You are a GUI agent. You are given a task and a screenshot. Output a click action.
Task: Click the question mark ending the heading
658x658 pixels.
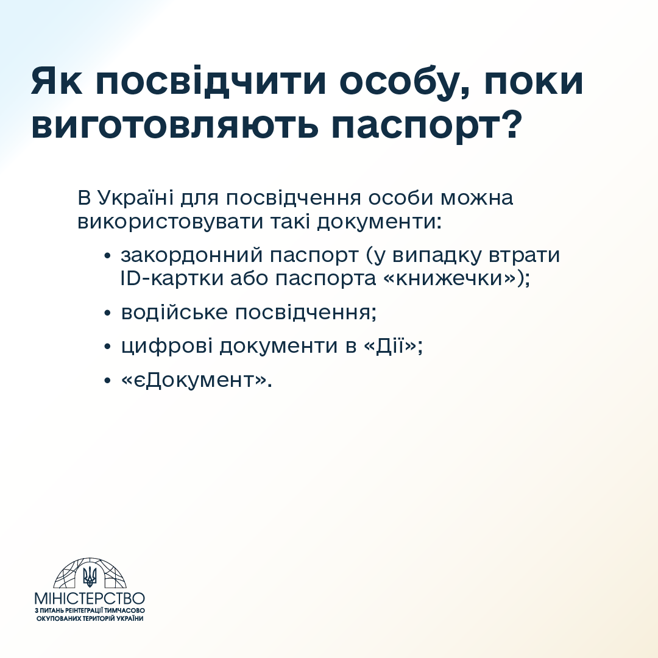(x=511, y=124)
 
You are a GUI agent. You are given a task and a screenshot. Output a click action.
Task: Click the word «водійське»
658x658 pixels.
(x=174, y=313)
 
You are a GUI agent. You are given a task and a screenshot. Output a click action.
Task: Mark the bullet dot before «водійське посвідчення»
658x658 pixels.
(x=107, y=313)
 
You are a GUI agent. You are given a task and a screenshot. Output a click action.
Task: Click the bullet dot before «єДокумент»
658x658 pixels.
(x=107, y=381)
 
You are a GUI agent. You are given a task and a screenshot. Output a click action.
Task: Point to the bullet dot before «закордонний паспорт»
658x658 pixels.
(x=107, y=255)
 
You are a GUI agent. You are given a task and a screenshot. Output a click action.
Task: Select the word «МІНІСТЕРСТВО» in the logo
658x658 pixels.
(x=90, y=598)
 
